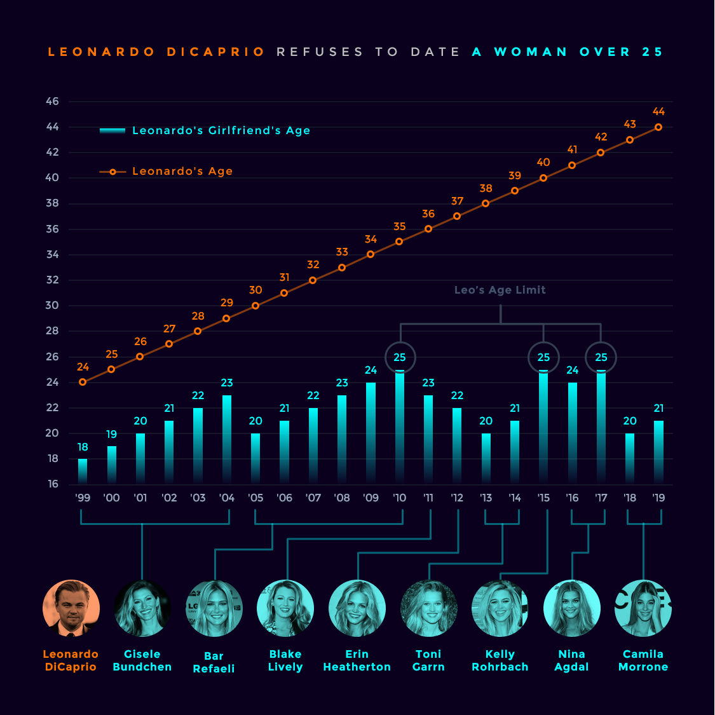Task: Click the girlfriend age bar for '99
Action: [83, 471]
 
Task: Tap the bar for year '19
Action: [658, 452]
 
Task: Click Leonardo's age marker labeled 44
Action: [658, 127]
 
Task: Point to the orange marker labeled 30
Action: [255, 306]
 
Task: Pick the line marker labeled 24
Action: [83, 382]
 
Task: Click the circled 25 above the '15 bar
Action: [543, 357]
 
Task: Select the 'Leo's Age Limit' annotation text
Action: [500, 290]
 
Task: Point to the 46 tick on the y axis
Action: [53, 102]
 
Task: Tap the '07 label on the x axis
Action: [313, 498]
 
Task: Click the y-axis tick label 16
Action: [53, 484]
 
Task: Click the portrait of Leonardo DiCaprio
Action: [71, 608]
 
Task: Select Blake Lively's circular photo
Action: [285, 608]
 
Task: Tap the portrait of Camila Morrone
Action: [643, 608]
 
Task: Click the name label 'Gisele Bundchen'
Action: [142, 660]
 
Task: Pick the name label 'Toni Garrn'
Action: [428, 660]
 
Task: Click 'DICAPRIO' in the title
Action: [216, 52]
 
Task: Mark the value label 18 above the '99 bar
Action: [83, 447]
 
